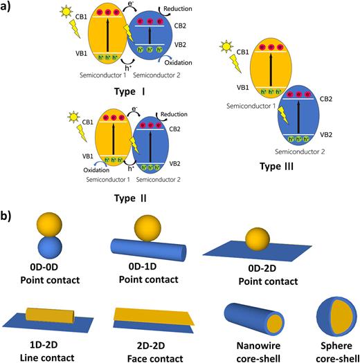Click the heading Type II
point(132,196)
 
